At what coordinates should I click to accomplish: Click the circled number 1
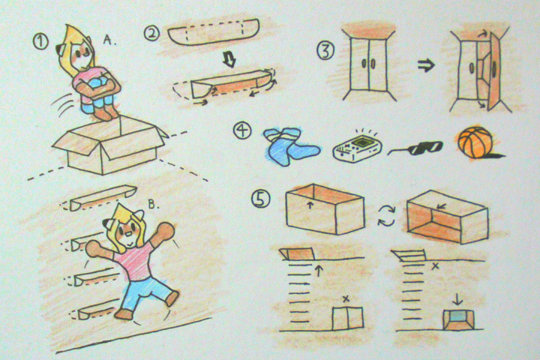pos(41,42)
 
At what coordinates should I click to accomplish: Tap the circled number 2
pos(152,34)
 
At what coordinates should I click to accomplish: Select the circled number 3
pos(325,50)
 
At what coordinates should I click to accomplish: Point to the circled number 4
pos(242,131)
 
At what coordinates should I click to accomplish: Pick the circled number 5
pos(261,199)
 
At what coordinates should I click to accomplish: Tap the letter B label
pos(154,205)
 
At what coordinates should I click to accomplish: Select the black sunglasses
pos(417,148)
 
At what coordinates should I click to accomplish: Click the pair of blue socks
pos(292,146)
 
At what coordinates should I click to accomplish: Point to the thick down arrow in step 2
pos(229,59)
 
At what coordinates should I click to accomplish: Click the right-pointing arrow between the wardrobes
pos(427,65)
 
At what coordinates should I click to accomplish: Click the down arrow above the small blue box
pos(458,299)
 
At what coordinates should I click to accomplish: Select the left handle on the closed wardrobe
pos(364,64)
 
